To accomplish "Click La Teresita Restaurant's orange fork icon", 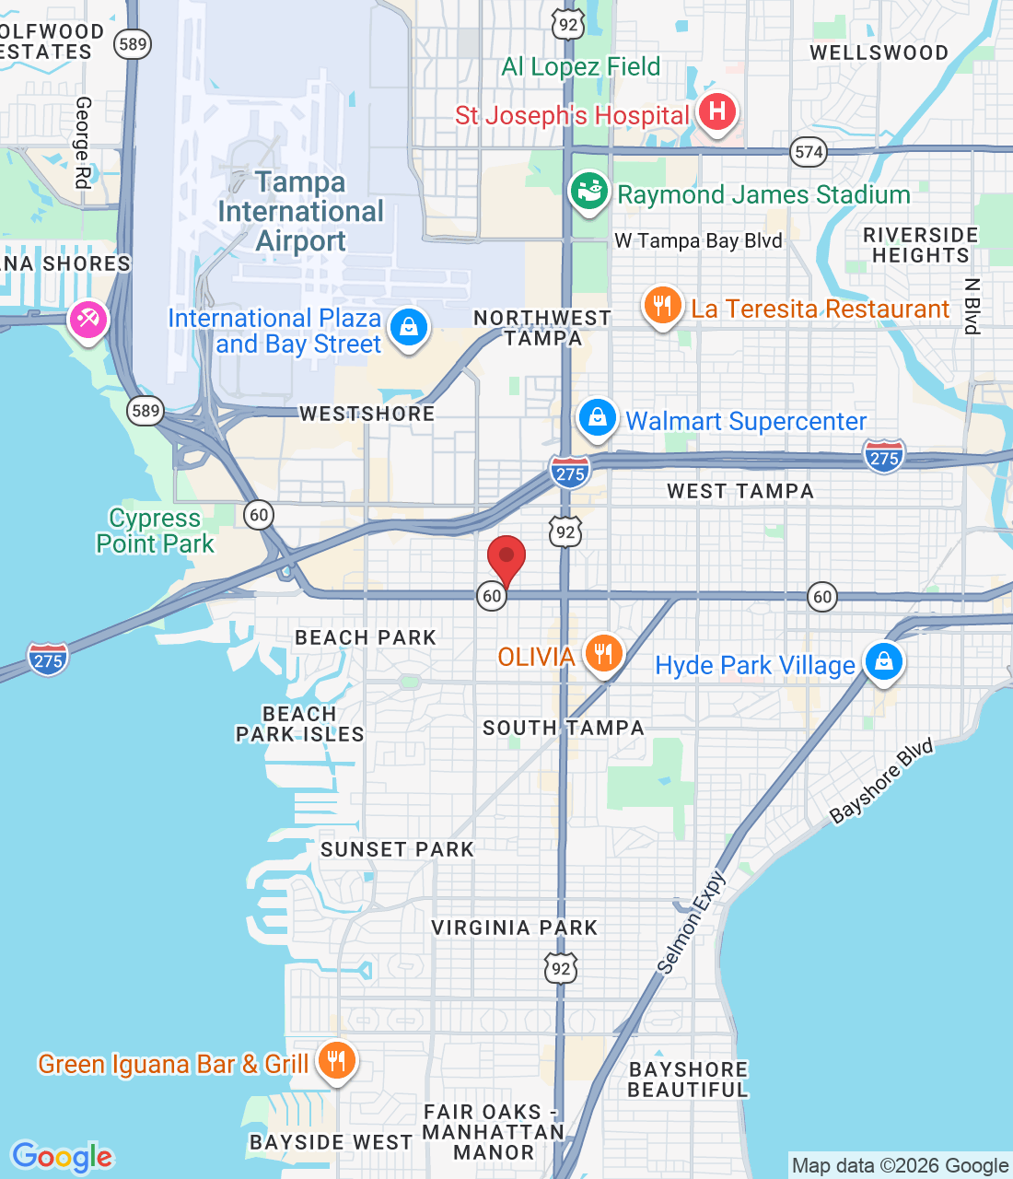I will click(x=662, y=306).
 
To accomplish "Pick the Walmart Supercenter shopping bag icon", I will click(x=597, y=418).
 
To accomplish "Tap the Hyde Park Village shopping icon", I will click(x=883, y=662).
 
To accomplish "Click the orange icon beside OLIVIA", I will click(x=603, y=654).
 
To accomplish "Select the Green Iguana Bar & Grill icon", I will click(x=336, y=1061).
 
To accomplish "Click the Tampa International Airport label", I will click(x=300, y=212).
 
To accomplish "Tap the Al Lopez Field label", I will click(x=580, y=67).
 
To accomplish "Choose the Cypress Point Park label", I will click(x=155, y=531).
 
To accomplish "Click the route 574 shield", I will click(x=809, y=152).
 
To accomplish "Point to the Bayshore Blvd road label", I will click(x=881, y=781).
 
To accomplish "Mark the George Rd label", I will click(x=83, y=143).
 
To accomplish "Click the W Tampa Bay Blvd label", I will click(x=698, y=241).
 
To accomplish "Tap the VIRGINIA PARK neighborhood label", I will click(x=515, y=928).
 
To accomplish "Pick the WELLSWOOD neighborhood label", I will click(x=879, y=53).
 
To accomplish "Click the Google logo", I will click(x=62, y=1157).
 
